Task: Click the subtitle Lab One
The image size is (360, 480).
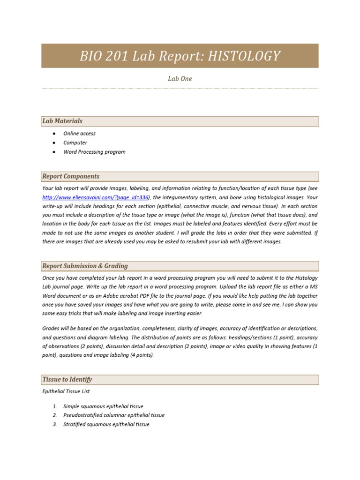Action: (x=180, y=79)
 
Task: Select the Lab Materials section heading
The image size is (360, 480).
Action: (x=62, y=121)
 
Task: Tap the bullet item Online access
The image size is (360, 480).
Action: (x=79, y=134)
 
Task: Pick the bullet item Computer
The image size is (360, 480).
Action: (x=75, y=142)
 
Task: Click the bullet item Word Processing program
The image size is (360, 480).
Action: (x=94, y=152)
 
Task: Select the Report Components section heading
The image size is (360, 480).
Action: (x=71, y=176)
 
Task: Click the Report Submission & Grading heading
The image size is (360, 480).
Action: (x=85, y=266)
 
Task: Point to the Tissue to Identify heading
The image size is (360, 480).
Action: (x=67, y=379)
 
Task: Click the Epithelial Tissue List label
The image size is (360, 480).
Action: (x=66, y=391)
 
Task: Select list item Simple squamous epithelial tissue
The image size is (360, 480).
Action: (x=103, y=406)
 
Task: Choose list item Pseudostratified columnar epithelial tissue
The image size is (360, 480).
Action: (x=114, y=415)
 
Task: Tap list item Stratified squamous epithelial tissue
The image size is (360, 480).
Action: (x=106, y=424)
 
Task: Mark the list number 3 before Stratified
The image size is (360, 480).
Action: (x=54, y=424)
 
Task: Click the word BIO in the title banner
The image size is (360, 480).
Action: (x=91, y=56)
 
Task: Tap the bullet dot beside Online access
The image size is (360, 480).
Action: (x=54, y=134)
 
